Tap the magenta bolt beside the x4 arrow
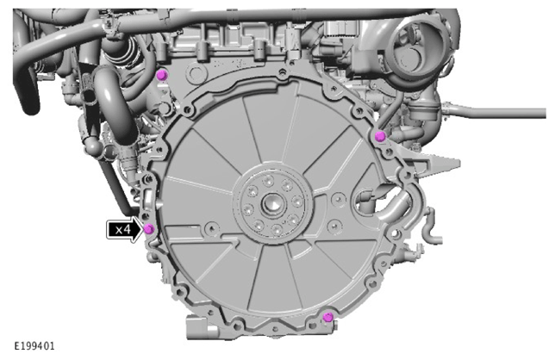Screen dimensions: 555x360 pyautogui.click(x=149, y=229)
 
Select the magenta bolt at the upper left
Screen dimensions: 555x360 pyautogui.click(x=161, y=75)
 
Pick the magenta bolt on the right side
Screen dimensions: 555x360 pyautogui.click(x=380, y=136)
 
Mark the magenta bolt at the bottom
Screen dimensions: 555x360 pyautogui.click(x=327, y=317)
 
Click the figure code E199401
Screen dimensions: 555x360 pyautogui.click(x=34, y=346)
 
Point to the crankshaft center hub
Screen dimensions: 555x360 pyautogui.click(x=271, y=204)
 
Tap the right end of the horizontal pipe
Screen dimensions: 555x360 pyautogui.click(x=545, y=113)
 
